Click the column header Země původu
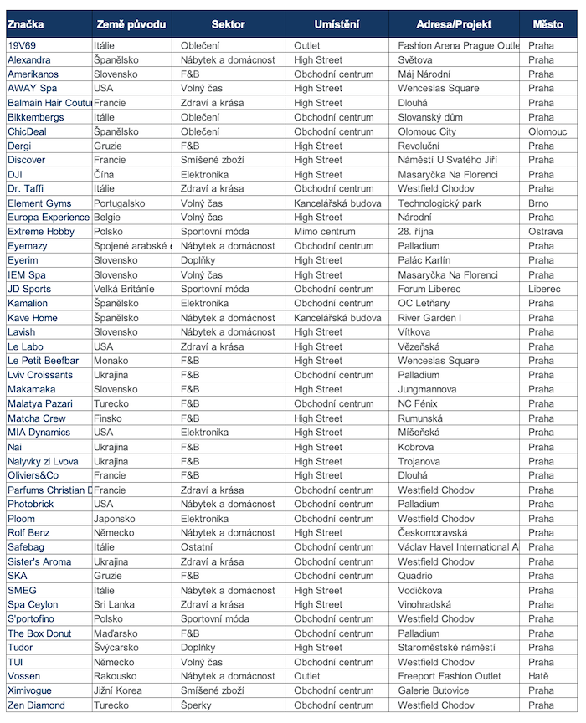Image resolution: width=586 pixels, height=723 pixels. [131, 24]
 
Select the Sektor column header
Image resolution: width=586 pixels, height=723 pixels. [228, 24]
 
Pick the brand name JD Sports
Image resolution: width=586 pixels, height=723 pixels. [29, 289]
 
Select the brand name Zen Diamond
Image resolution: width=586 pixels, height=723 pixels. [36, 705]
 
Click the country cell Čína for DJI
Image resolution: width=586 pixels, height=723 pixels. [105, 174]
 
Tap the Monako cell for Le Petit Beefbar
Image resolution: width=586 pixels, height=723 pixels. [111, 361]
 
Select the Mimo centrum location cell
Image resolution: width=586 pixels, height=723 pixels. [325, 232]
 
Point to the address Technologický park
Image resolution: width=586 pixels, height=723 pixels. [439, 203]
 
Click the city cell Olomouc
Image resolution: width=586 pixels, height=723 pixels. [547, 131]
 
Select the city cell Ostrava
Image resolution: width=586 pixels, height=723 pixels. [545, 232]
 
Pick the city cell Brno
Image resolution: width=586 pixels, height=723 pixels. [539, 203]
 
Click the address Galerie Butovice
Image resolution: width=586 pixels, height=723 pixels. [434, 690]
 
